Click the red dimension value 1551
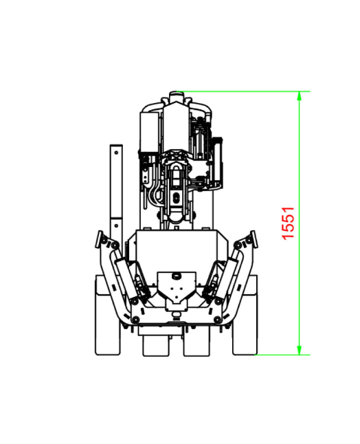click(288, 223)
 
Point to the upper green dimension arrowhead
click(299, 96)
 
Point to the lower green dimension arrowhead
click(299, 350)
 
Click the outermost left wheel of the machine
click(108, 315)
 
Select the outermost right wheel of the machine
click(245, 315)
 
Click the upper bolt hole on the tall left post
click(116, 153)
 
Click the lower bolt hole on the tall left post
click(116, 225)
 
